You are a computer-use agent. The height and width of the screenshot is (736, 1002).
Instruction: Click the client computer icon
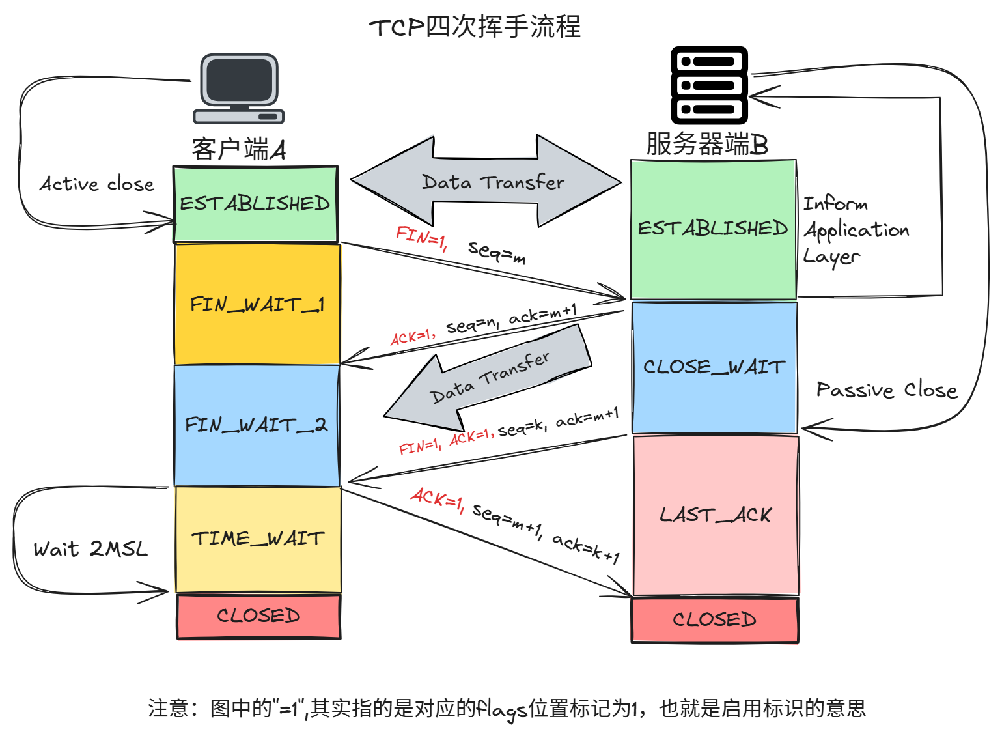tap(239, 89)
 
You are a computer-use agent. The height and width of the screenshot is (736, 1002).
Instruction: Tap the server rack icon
tap(709, 85)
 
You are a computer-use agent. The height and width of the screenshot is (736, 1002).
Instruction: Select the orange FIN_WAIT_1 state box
tap(257, 304)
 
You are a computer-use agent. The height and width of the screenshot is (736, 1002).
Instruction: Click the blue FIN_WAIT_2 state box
tap(257, 425)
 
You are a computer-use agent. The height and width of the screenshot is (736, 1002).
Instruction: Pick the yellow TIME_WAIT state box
tap(258, 539)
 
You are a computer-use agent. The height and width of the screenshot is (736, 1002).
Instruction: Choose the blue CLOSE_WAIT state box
tap(714, 367)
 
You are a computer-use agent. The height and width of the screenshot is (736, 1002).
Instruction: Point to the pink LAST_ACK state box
tap(716, 515)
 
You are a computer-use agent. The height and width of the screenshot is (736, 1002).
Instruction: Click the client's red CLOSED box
tap(258, 616)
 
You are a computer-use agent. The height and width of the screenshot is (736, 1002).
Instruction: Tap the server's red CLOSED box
tap(715, 619)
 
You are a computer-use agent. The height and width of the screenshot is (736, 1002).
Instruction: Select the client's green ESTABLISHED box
tap(255, 204)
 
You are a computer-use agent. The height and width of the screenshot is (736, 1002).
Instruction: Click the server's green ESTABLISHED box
tap(713, 229)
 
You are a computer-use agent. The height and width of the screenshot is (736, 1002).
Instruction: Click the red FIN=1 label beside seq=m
tap(421, 238)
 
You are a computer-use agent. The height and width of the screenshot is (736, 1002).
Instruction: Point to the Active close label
tap(97, 184)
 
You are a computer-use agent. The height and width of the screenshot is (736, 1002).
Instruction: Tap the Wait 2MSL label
tap(90, 549)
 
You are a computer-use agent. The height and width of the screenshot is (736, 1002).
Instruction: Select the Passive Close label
tap(887, 390)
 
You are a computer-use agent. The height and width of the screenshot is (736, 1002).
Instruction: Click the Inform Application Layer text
tap(855, 230)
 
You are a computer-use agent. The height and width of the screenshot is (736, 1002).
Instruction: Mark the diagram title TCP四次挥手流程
tap(475, 27)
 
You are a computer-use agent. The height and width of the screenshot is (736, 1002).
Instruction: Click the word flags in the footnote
tap(501, 709)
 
